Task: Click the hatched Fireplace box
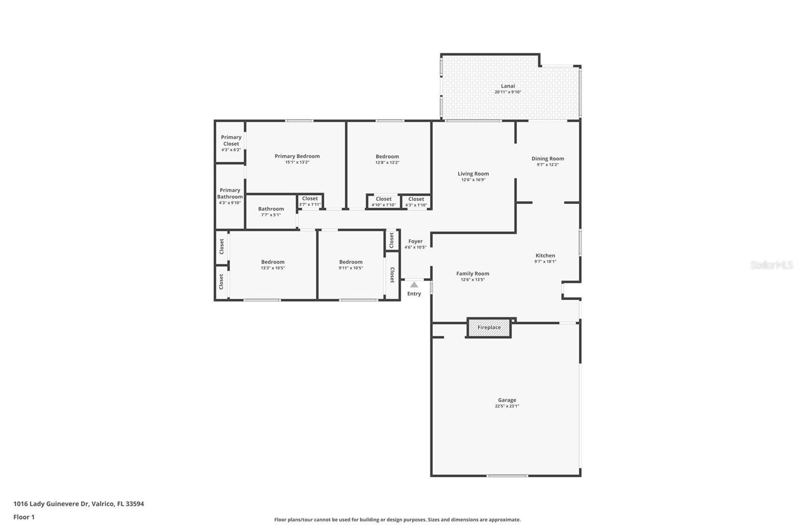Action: point(489,328)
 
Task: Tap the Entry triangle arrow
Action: point(414,285)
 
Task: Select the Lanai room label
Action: point(508,86)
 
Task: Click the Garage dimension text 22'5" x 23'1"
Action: point(507,406)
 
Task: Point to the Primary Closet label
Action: point(231,141)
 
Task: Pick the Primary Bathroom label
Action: point(230,193)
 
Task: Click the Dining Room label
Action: point(548,159)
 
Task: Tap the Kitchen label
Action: point(545,256)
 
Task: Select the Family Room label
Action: point(473,273)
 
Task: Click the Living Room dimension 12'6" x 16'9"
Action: point(473,180)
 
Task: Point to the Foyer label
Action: point(415,241)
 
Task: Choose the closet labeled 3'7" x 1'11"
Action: point(310,201)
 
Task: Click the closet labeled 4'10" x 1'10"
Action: point(384,201)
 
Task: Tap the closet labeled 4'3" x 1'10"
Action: point(416,201)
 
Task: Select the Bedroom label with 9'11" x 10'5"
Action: point(351,262)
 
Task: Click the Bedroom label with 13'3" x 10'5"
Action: point(273,262)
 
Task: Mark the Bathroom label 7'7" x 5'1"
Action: point(271,209)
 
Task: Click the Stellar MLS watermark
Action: point(771,265)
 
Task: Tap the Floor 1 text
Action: point(24,517)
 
